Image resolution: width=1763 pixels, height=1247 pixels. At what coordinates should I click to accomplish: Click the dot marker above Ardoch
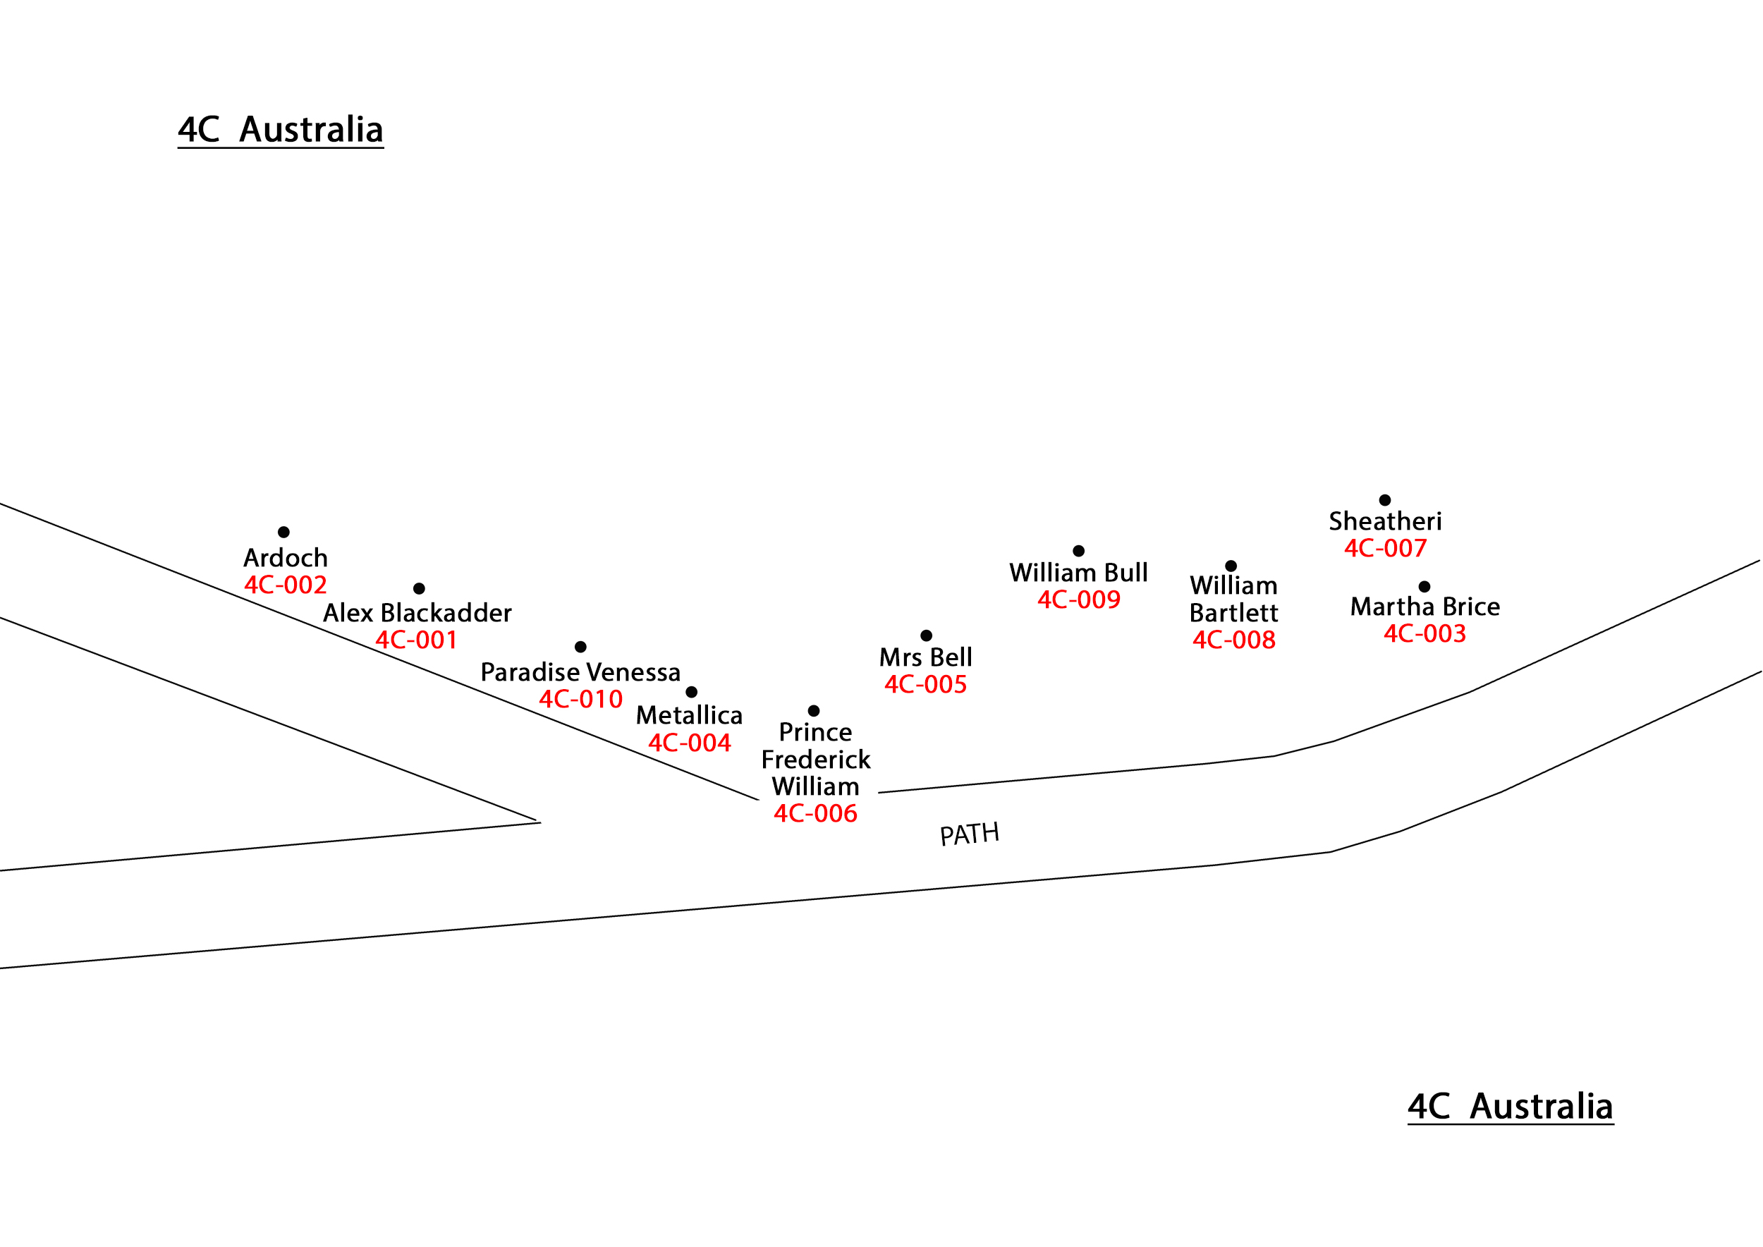point(283,532)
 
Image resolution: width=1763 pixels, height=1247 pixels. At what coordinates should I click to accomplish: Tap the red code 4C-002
point(286,585)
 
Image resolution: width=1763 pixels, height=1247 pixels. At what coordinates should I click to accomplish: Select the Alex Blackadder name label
point(417,613)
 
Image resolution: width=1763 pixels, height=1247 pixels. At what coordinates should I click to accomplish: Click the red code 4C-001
point(416,640)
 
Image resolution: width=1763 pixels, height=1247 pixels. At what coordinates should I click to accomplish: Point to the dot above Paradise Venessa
point(580,647)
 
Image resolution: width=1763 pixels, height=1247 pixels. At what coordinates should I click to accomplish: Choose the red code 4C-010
point(580,699)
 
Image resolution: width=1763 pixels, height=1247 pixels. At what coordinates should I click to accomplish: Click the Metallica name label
point(689,715)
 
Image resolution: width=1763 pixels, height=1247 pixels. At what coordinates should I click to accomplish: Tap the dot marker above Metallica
point(691,692)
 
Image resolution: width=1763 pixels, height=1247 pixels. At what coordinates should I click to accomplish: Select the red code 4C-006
point(815,813)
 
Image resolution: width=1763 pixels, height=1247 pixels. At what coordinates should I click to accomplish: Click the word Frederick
point(815,760)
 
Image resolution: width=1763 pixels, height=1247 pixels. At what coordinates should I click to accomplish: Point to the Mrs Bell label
point(925,657)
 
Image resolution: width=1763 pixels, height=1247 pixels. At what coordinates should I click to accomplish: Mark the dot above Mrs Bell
point(926,635)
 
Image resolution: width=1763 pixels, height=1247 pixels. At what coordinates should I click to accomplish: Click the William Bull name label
point(1078,573)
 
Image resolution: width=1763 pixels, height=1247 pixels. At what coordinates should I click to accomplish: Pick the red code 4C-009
point(1079,600)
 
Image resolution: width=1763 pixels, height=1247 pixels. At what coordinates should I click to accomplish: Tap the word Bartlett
point(1233,613)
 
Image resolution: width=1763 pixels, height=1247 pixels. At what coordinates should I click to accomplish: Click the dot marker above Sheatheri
point(1384,500)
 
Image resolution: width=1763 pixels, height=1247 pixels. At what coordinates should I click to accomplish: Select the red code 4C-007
point(1385,548)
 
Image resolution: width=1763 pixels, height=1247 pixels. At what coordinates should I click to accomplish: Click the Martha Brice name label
point(1425,607)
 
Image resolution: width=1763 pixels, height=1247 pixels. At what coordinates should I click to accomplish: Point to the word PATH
point(969,834)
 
